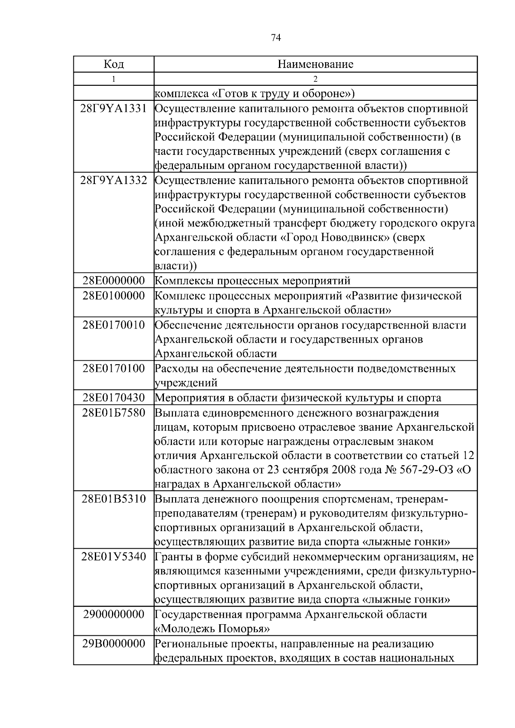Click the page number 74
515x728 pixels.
(276, 38)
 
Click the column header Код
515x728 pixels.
(114, 64)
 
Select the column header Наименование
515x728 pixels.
(315, 64)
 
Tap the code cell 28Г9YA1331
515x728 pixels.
(114, 109)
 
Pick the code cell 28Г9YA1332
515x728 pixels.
(114, 180)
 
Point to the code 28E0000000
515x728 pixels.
(114, 281)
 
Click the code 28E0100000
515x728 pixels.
(114, 296)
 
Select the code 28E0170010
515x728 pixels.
(114, 325)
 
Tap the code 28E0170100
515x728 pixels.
(114, 368)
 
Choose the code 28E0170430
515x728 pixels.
(114, 398)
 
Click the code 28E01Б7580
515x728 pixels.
(114, 413)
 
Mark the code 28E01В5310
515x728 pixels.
(114, 499)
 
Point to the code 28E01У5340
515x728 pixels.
(114, 557)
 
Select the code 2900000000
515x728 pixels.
(114, 614)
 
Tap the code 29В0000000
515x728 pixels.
(114, 644)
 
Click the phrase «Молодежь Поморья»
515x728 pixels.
(212, 629)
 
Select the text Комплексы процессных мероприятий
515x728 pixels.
(252, 281)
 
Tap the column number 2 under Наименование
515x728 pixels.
(315, 79)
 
